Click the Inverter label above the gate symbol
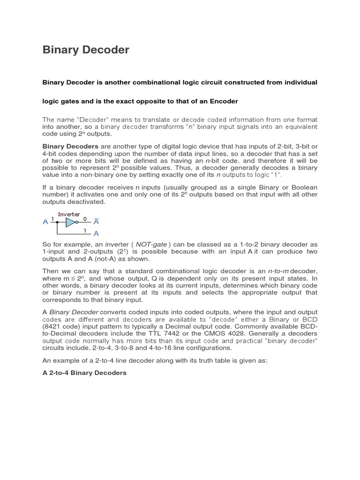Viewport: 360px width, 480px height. [x=69, y=214]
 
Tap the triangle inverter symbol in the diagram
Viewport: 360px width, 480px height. [x=70, y=222]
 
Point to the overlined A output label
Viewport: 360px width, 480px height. [x=97, y=222]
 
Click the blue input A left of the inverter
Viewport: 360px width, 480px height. [x=45, y=222]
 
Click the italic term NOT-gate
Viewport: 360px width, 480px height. [x=151, y=245]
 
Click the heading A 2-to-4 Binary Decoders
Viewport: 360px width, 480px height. [x=84, y=373]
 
